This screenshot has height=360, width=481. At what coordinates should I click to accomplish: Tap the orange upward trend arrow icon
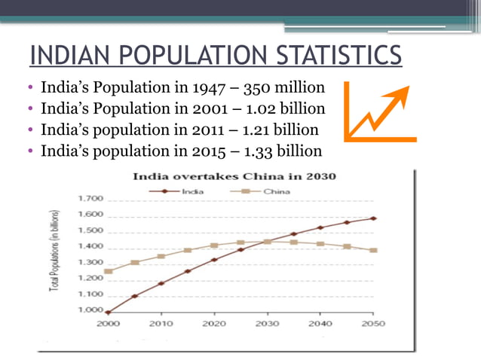click(x=379, y=112)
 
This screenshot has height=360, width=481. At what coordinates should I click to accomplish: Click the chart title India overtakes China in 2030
click(x=234, y=177)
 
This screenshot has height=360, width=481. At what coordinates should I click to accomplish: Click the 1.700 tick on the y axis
click(x=90, y=199)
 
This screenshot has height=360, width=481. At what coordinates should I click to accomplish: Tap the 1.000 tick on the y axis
click(x=90, y=310)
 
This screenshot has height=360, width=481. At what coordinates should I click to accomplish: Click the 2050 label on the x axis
click(x=372, y=324)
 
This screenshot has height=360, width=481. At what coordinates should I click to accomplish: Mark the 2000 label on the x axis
click(x=107, y=324)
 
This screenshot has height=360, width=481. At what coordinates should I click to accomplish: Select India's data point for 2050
click(x=373, y=218)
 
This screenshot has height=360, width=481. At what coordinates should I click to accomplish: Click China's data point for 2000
click(x=108, y=271)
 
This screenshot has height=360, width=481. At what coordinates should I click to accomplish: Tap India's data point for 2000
click(x=108, y=312)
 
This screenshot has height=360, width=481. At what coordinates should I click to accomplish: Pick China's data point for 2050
click(x=373, y=250)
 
